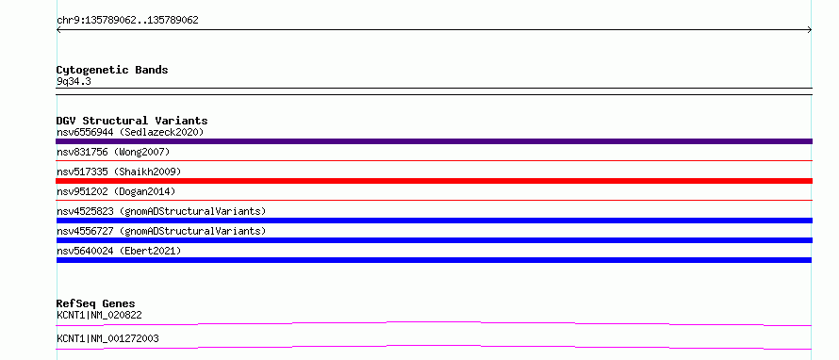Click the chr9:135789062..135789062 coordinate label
click(x=127, y=21)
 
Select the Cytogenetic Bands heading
click(x=112, y=70)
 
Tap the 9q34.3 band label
click(x=74, y=82)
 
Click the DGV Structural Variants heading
click(x=132, y=121)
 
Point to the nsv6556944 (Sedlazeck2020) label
click(x=130, y=132)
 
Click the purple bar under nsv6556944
click(x=434, y=141)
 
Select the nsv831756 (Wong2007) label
click(x=113, y=153)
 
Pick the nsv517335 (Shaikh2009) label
click(x=119, y=172)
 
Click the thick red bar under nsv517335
click(x=434, y=181)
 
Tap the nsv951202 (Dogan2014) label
click(x=116, y=191)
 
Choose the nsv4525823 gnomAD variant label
click(x=161, y=211)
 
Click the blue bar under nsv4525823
click(x=434, y=221)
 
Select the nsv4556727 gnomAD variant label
click(x=161, y=231)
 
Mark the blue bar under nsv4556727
click(x=434, y=240)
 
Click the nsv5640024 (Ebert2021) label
click(x=119, y=251)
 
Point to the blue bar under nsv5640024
click(x=434, y=260)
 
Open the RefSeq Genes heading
click(x=96, y=303)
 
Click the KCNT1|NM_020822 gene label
click(x=99, y=315)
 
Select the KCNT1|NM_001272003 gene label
click(x=107, y=338)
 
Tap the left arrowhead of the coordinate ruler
click(x=58, y=30)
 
